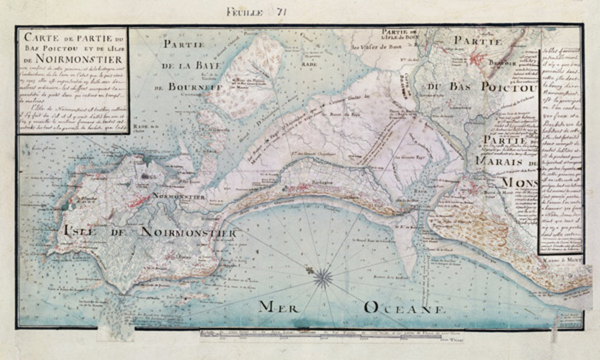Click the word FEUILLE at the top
[245, 10]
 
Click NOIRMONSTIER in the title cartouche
[71, 59]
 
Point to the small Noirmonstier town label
[178, 196]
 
